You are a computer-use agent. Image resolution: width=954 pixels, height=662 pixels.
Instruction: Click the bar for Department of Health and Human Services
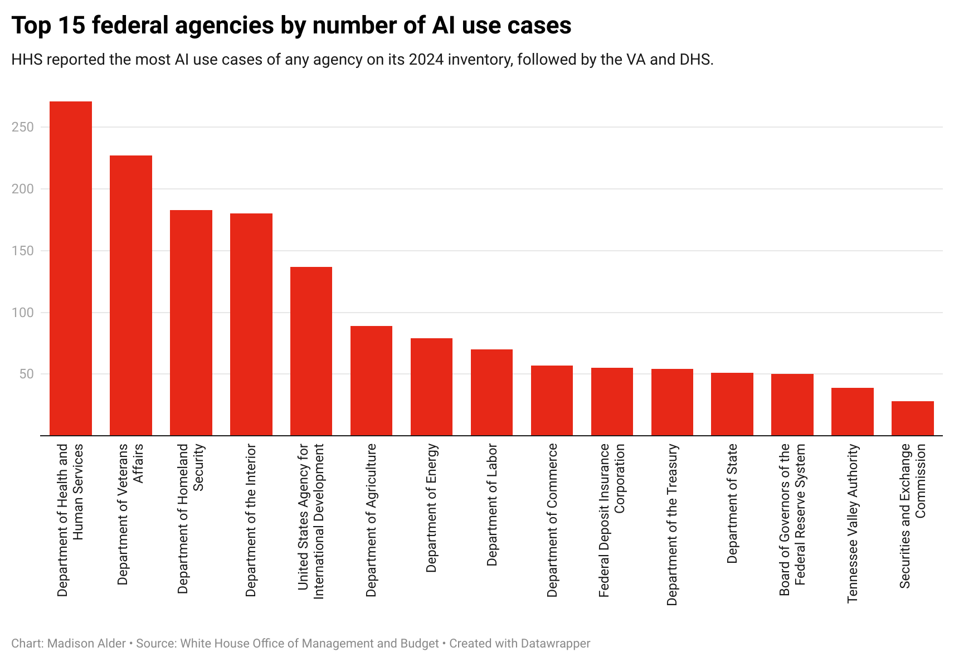71,268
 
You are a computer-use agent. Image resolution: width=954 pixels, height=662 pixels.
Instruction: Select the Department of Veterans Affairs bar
131,295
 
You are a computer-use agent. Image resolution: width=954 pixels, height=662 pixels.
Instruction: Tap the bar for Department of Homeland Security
191,323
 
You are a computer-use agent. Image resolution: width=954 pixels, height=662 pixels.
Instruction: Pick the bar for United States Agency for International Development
311,351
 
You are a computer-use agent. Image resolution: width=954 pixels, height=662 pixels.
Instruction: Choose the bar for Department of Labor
491,392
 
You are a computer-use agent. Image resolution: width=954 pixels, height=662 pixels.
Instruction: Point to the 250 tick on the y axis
23,127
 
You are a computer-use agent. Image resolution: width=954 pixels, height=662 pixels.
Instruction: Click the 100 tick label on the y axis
23,313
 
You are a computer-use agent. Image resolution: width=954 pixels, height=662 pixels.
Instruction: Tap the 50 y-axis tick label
26,374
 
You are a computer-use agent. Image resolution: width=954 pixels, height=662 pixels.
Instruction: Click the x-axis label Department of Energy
431,508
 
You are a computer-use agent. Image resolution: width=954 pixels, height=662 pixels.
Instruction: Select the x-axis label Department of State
732,503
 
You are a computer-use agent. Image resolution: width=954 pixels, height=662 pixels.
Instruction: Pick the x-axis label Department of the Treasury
672,524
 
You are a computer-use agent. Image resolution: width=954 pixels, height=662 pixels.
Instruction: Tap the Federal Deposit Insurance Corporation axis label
612,520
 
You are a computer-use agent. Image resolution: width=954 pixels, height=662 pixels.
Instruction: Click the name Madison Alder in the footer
86,644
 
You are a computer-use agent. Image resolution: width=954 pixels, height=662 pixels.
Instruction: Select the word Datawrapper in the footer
555,644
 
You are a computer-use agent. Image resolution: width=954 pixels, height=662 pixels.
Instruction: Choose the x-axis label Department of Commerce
552,520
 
